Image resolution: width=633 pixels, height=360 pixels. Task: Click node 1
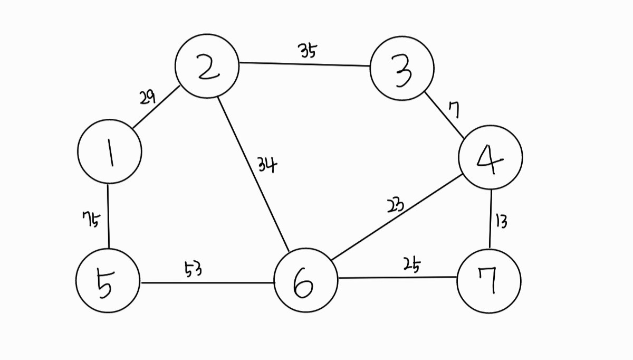[x=110, y=151]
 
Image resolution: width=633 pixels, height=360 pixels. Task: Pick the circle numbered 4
[x=491, y=157]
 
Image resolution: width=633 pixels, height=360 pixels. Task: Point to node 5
[x=108, y=281]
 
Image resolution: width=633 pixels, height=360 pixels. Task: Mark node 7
[x=489, y=281]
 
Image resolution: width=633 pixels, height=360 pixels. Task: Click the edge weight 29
[x=147, y=97]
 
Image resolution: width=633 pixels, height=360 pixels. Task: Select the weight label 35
[x=308, y=51]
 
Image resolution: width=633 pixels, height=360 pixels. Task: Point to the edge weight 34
[x=267, y=165]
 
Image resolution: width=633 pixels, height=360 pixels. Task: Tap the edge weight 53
[x=193, y=270]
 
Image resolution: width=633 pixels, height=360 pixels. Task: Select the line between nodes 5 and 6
[x=207, y=282]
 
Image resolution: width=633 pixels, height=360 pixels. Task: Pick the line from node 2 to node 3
[x=304, y=64]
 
